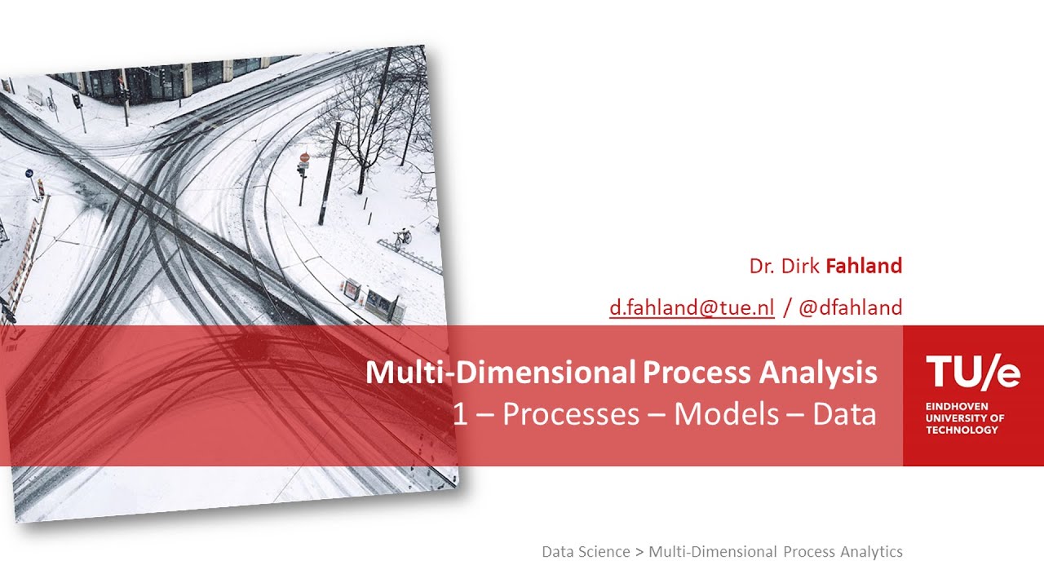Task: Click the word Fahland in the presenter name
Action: (x=864, y=266)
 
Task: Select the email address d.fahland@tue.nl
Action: (x=692, y=307)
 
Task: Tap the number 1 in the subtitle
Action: (x=461, y=414)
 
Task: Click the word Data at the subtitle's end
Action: (x=844, y=414)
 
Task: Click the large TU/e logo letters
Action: (x=972, y=373)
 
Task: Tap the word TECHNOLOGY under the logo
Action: (x=962, y=430)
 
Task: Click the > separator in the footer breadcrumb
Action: (x=639, y=552)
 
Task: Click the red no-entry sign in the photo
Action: (x=305, y=157)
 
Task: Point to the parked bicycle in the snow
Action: (x=402, y=238)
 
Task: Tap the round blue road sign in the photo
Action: (x=29, y=174)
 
